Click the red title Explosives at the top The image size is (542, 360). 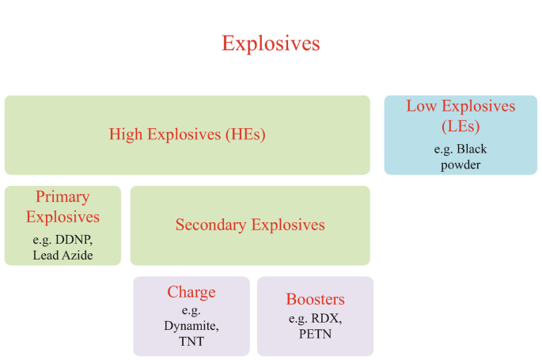pos(271,43)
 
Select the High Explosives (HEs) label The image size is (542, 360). pos(187,135)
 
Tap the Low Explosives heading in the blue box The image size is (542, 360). pos(461,106)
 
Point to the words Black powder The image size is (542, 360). pos(461,157)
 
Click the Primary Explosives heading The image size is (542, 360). pos(63,207)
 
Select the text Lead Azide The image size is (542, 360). pos(63,255)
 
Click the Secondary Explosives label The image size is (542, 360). pos(250,225)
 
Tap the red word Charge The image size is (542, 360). pos(191,293)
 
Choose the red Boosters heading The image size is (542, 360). pos(315,300)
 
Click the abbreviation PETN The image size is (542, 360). pos(315,334)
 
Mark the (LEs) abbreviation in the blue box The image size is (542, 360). pos(461,125)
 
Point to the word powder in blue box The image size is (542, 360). pos(461,165)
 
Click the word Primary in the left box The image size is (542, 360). pos(63,197)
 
